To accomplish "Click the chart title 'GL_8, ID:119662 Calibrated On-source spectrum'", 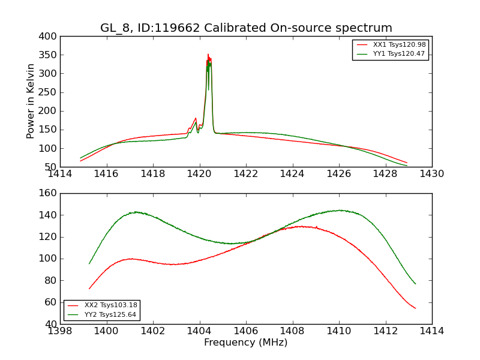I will coord(246,28).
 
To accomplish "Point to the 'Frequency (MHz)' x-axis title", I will coord(246,343).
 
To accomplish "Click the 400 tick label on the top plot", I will coord(50,37).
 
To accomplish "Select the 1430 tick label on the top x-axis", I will coord(431,174).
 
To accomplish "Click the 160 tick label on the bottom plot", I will coord(50,193).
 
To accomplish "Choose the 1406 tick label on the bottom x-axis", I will coord(246,331).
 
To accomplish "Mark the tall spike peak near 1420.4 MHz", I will coord(208,55).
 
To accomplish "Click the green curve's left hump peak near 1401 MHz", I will coord(136,212).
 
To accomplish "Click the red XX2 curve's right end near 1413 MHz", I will coord(415,308).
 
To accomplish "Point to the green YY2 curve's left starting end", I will coord(89,263).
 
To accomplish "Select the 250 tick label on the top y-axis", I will coord(50,92).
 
